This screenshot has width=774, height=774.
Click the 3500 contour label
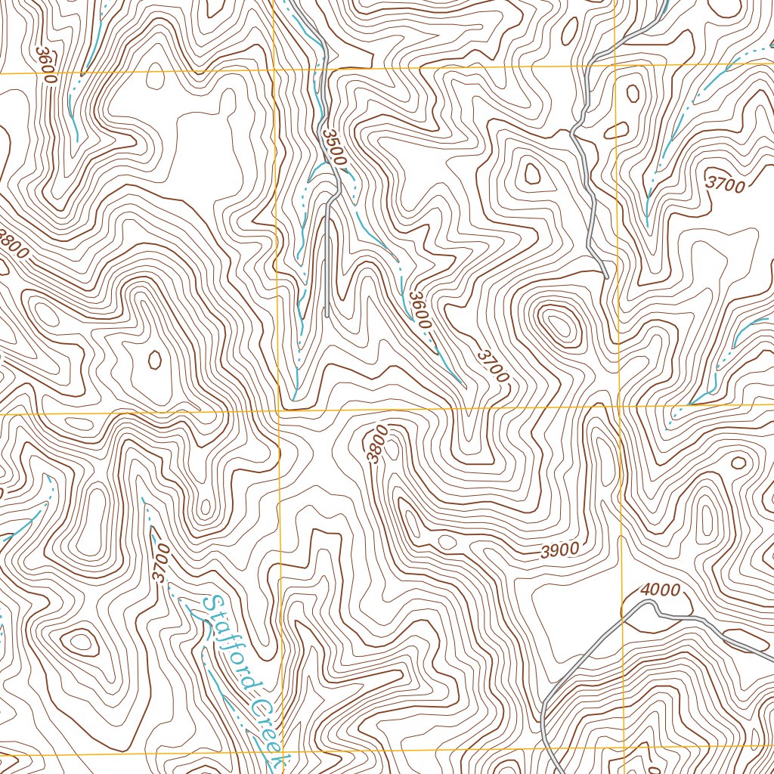tap(333, 148)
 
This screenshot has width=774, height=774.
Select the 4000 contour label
tap(660, 590)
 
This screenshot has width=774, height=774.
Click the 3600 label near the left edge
tap(46, 64)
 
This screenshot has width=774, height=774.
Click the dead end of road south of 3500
tap(326, 315)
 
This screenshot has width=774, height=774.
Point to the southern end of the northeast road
tap(606, 277)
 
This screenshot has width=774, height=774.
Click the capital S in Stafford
tap(212, 605)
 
